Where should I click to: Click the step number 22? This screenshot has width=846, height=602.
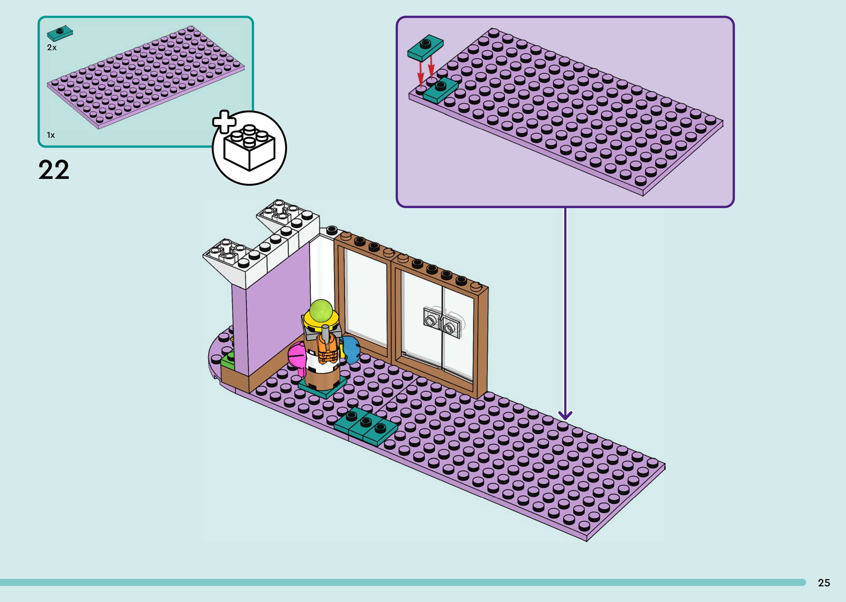click(54, 170)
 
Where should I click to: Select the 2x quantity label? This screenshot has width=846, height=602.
click(51, 48)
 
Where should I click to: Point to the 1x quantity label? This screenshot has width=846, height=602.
click(50, 135)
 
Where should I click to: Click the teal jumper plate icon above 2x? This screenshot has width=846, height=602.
click(60, 33)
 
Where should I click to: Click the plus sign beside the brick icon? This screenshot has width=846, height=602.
click(224, 122)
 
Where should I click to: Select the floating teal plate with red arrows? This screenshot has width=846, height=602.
click(425, 48)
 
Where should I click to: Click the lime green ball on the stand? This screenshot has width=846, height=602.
click(321, 311)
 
